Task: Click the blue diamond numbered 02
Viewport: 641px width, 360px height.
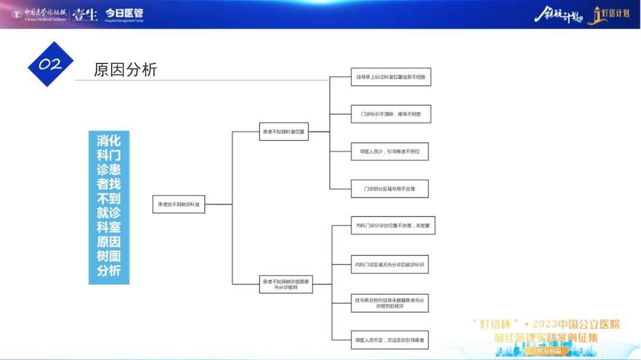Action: [x=50, y=64]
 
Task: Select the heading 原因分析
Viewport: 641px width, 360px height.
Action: [x=125, y=69]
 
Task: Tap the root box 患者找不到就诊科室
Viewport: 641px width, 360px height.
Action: [x=179, y=204]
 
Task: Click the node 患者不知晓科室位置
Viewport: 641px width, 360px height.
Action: [x=283, y=131]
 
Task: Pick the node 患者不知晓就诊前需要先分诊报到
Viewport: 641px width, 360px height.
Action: [x=286, y=284]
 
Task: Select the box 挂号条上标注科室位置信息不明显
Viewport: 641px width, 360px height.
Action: [x=390, y=77]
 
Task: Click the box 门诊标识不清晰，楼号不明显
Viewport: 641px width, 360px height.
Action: [x=390, y=114]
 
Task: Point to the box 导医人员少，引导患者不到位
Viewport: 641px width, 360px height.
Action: [x=389, y=152]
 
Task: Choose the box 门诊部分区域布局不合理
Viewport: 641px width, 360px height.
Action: [x=389, y=189]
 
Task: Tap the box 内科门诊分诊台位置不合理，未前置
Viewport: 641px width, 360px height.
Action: [x=392, y=225]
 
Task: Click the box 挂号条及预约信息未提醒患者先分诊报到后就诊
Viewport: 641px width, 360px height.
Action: [x=389, y=303]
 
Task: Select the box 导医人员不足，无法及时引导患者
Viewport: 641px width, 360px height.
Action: [x=389, y=340]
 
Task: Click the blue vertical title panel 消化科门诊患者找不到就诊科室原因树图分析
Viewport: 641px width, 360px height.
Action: [x=109, y=207]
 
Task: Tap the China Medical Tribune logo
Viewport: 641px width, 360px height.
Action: [x=39, y=14]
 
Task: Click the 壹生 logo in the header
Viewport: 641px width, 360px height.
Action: [x=85, y=14]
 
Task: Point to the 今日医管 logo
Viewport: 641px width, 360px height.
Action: [x=124, y=14]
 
